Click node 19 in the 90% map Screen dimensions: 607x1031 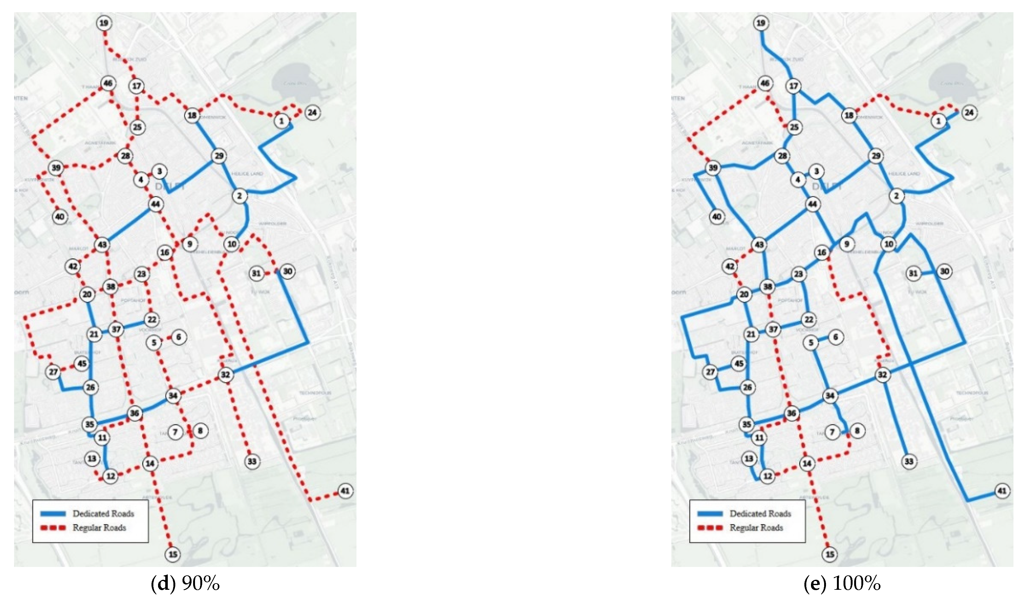104,23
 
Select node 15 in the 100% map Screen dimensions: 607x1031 830,554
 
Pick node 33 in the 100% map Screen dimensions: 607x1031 909,461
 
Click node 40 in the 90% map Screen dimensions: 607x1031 60,217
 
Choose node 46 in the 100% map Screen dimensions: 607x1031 765,84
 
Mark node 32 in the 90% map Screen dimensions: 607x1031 225,374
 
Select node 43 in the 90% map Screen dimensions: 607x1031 102,244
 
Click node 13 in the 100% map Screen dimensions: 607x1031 749,458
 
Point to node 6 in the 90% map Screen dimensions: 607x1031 179,337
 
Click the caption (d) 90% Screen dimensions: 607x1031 185,584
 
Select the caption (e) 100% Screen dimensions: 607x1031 842,584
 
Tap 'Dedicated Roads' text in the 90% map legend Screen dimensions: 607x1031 104,513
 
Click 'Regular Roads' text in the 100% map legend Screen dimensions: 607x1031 756,527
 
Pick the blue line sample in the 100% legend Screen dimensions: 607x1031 710,513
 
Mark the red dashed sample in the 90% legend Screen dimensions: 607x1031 53,527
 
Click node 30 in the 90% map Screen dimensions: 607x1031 288,271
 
